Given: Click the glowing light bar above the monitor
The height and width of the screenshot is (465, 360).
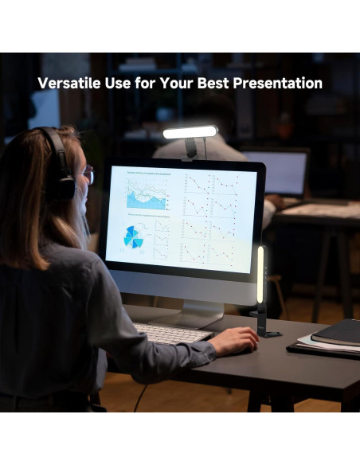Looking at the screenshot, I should point(190,132).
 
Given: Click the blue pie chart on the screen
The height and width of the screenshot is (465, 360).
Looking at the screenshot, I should point(133,236).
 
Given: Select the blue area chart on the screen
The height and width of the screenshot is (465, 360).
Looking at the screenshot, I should point(147,193).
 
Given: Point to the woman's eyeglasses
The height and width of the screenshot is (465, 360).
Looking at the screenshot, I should point(87,174).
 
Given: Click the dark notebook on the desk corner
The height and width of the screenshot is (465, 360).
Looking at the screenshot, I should point(336,331).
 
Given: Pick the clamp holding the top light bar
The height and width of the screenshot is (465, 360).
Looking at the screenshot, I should point(192,148).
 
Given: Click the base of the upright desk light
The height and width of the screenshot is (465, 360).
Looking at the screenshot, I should point(268,333).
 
